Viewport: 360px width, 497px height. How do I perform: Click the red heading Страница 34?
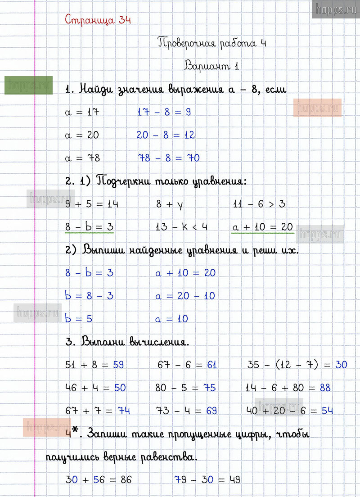[98, 20]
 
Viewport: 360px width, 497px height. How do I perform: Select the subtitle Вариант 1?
[211, 66]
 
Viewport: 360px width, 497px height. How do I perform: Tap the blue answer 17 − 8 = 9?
[164, 112]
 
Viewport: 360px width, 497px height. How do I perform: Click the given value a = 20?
[82, 135]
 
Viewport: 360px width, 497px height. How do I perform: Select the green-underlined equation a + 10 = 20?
[262, 227]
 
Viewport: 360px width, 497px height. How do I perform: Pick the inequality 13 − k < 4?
[181, 227]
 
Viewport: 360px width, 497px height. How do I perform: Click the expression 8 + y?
[170, 204]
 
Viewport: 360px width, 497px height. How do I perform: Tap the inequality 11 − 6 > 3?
[259, 204]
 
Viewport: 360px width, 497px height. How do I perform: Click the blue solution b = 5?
[79, 319]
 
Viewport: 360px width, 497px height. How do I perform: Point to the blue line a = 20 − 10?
[185, 296]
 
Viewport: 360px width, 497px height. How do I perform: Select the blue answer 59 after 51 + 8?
[118, 365]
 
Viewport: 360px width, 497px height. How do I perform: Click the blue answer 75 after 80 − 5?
[210, 388]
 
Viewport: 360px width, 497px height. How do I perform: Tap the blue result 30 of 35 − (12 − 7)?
[341, 365]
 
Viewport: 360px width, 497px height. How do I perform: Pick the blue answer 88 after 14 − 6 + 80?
[325, 388]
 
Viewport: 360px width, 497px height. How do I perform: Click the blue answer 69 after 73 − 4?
[211, 411]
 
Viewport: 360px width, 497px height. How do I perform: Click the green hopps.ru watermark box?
[28, 85]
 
